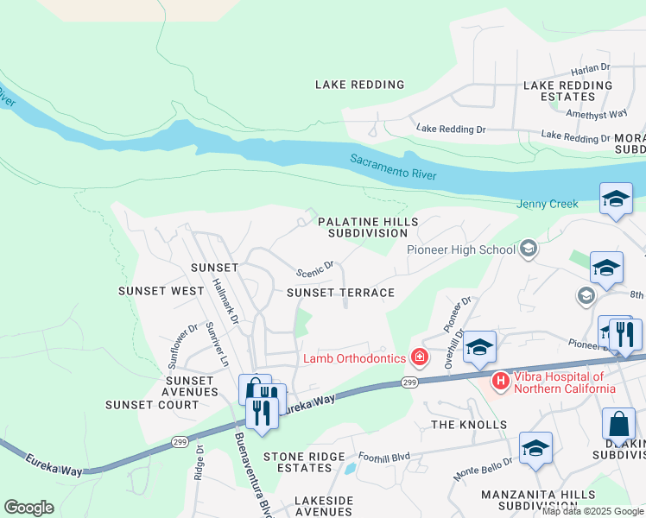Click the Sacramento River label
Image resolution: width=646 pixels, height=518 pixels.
393,167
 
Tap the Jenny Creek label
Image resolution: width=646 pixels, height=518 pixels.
547,205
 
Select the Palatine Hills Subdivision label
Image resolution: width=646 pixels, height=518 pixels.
368,228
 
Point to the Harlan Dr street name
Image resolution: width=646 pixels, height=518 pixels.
591,68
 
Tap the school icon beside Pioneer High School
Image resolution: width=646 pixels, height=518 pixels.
528,250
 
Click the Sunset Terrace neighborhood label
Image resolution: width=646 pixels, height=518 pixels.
340,293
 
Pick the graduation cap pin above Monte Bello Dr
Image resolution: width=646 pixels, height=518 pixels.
535,448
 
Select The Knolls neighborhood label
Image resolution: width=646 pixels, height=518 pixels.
469,425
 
